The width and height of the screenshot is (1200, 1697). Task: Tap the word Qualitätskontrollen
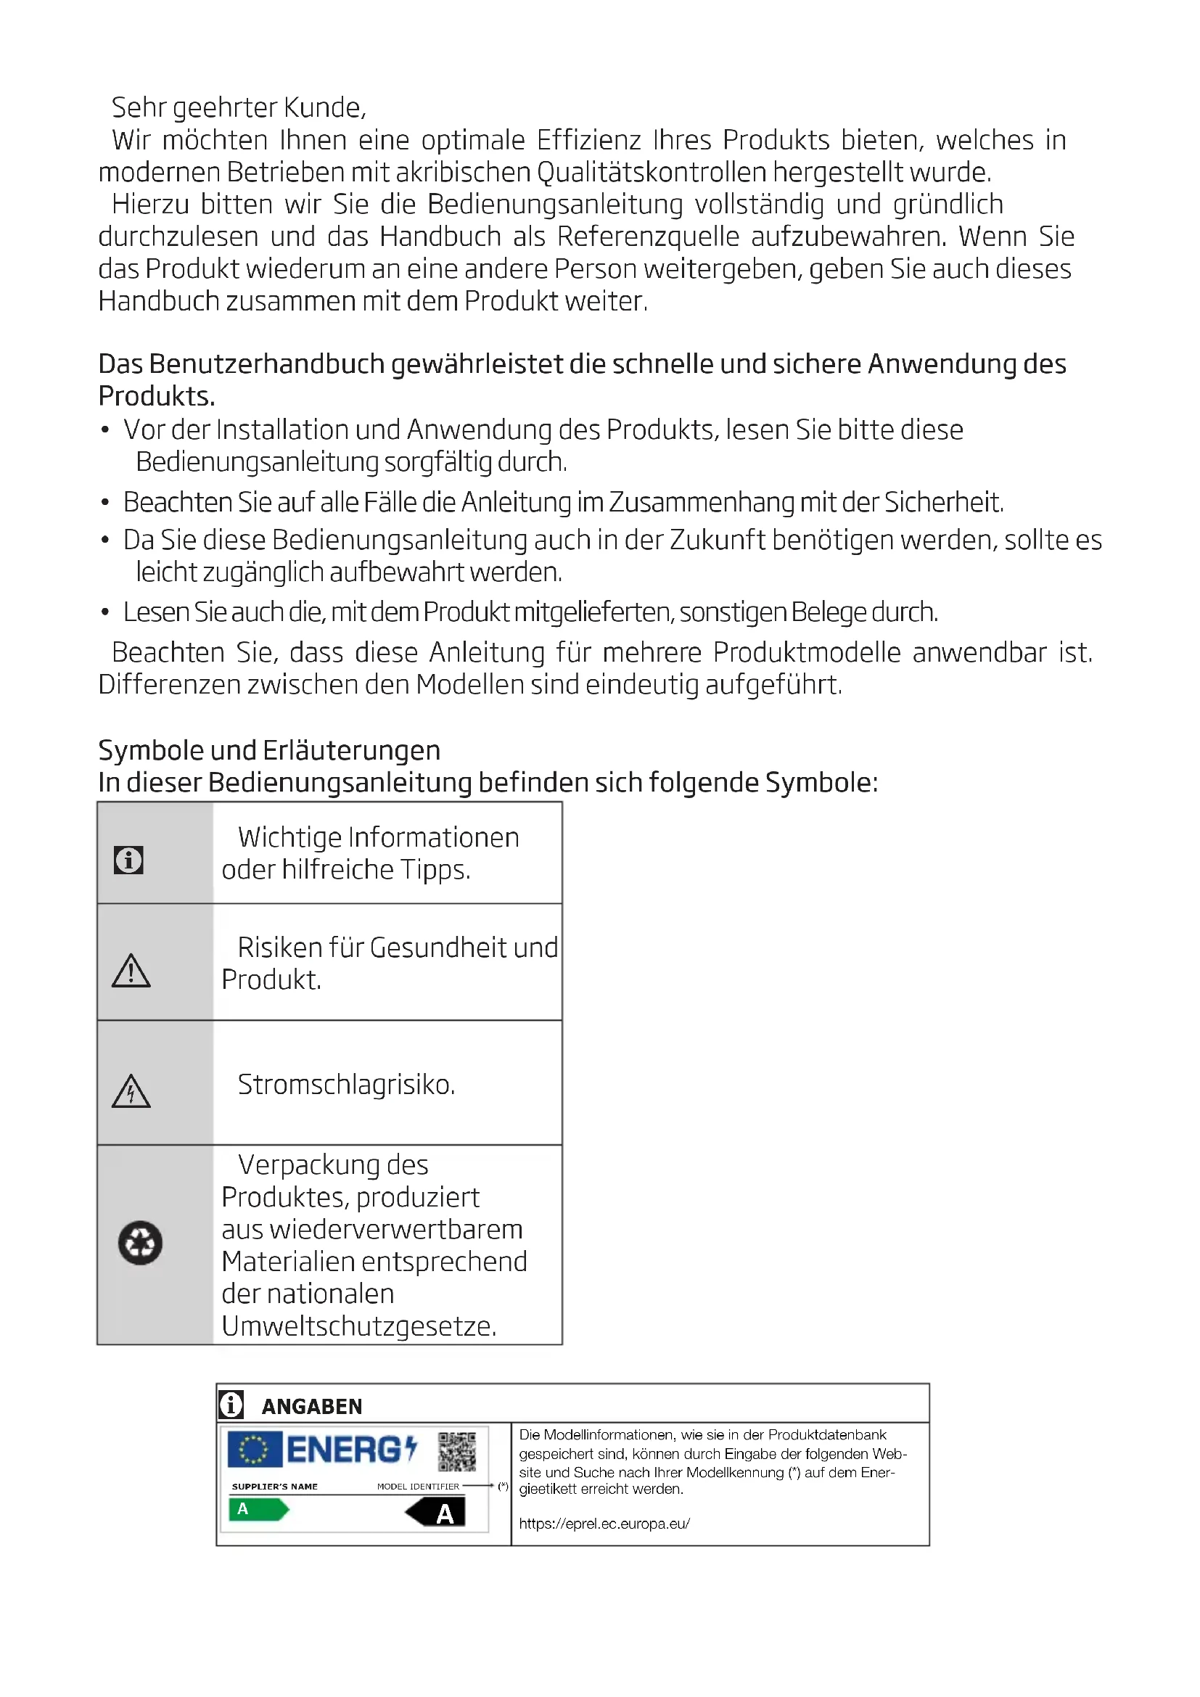(x=652, y=172)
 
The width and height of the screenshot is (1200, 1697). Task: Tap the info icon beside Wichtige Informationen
(x=128, y=860)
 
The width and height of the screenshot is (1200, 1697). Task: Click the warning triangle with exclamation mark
(x=131, y=971)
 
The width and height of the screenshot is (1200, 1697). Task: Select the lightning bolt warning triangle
(x=131, y=1092)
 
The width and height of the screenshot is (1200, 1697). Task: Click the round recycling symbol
(x=141, y=1242)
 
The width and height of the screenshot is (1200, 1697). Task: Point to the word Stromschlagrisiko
(x=346, y=1085)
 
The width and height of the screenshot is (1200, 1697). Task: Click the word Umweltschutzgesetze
(x=358, y=1327)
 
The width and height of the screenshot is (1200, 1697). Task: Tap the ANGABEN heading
(x=312, y=1407)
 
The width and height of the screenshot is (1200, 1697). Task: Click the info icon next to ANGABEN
(x=231, y=1404)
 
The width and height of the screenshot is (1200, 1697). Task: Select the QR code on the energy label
(x=456, y=1452)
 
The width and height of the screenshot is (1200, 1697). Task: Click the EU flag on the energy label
(x=254, y=1450)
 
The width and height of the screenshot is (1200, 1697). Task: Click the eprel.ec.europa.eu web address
(x=604, y=1524)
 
